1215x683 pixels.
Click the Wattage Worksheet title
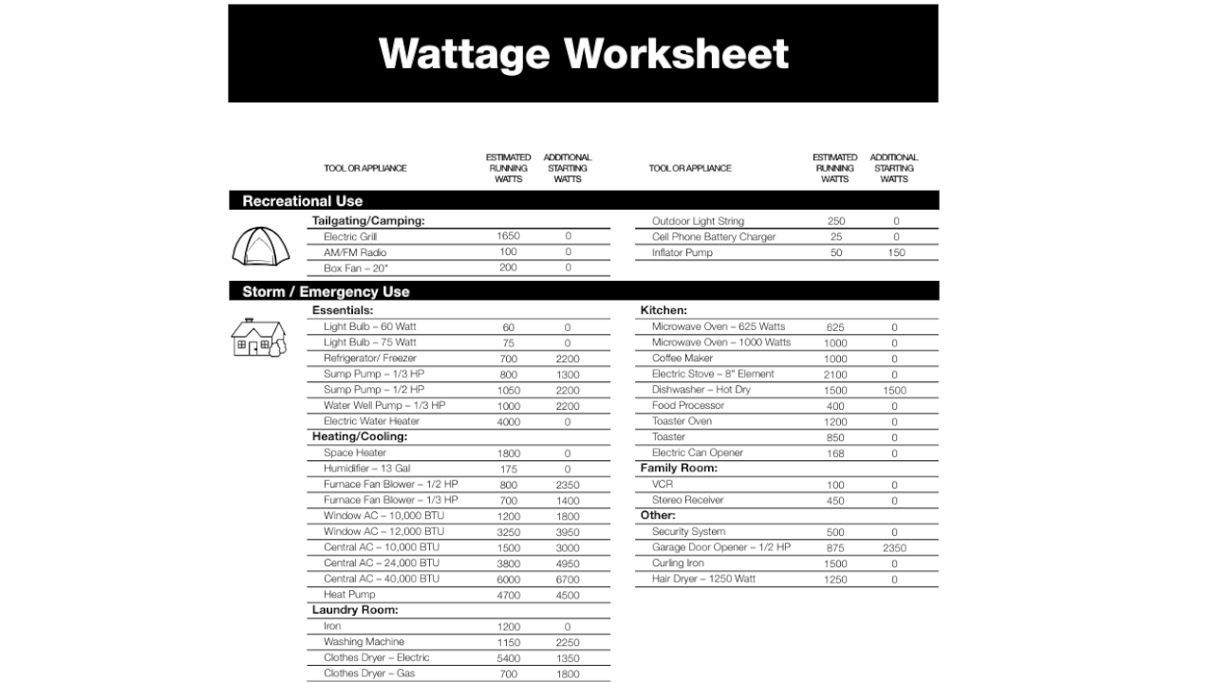[x=583, y=53]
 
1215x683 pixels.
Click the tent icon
[x=258, y=246]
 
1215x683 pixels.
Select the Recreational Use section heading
[x=302, y=201]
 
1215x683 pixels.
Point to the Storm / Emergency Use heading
[x=326, y=291]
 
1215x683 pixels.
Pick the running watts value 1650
[x=508, y=236]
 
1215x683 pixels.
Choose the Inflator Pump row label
[x=682, y=252]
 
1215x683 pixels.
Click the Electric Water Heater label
[x=371, y=421]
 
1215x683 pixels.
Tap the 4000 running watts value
[x=508, y=422]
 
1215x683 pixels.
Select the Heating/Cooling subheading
[x=359, y=436]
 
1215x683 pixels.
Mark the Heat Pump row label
[x=349, y=595]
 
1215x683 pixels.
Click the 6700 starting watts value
[x=568, y=580]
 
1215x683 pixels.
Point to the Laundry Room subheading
[x=355, y=610]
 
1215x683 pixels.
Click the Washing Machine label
[x=364, y=642]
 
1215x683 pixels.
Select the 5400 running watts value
[x=508, y=658]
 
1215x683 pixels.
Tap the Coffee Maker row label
[x=682, y=359]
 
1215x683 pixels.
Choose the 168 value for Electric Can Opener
[x=835, y=453]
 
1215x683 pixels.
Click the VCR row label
[x=662, y=485]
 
